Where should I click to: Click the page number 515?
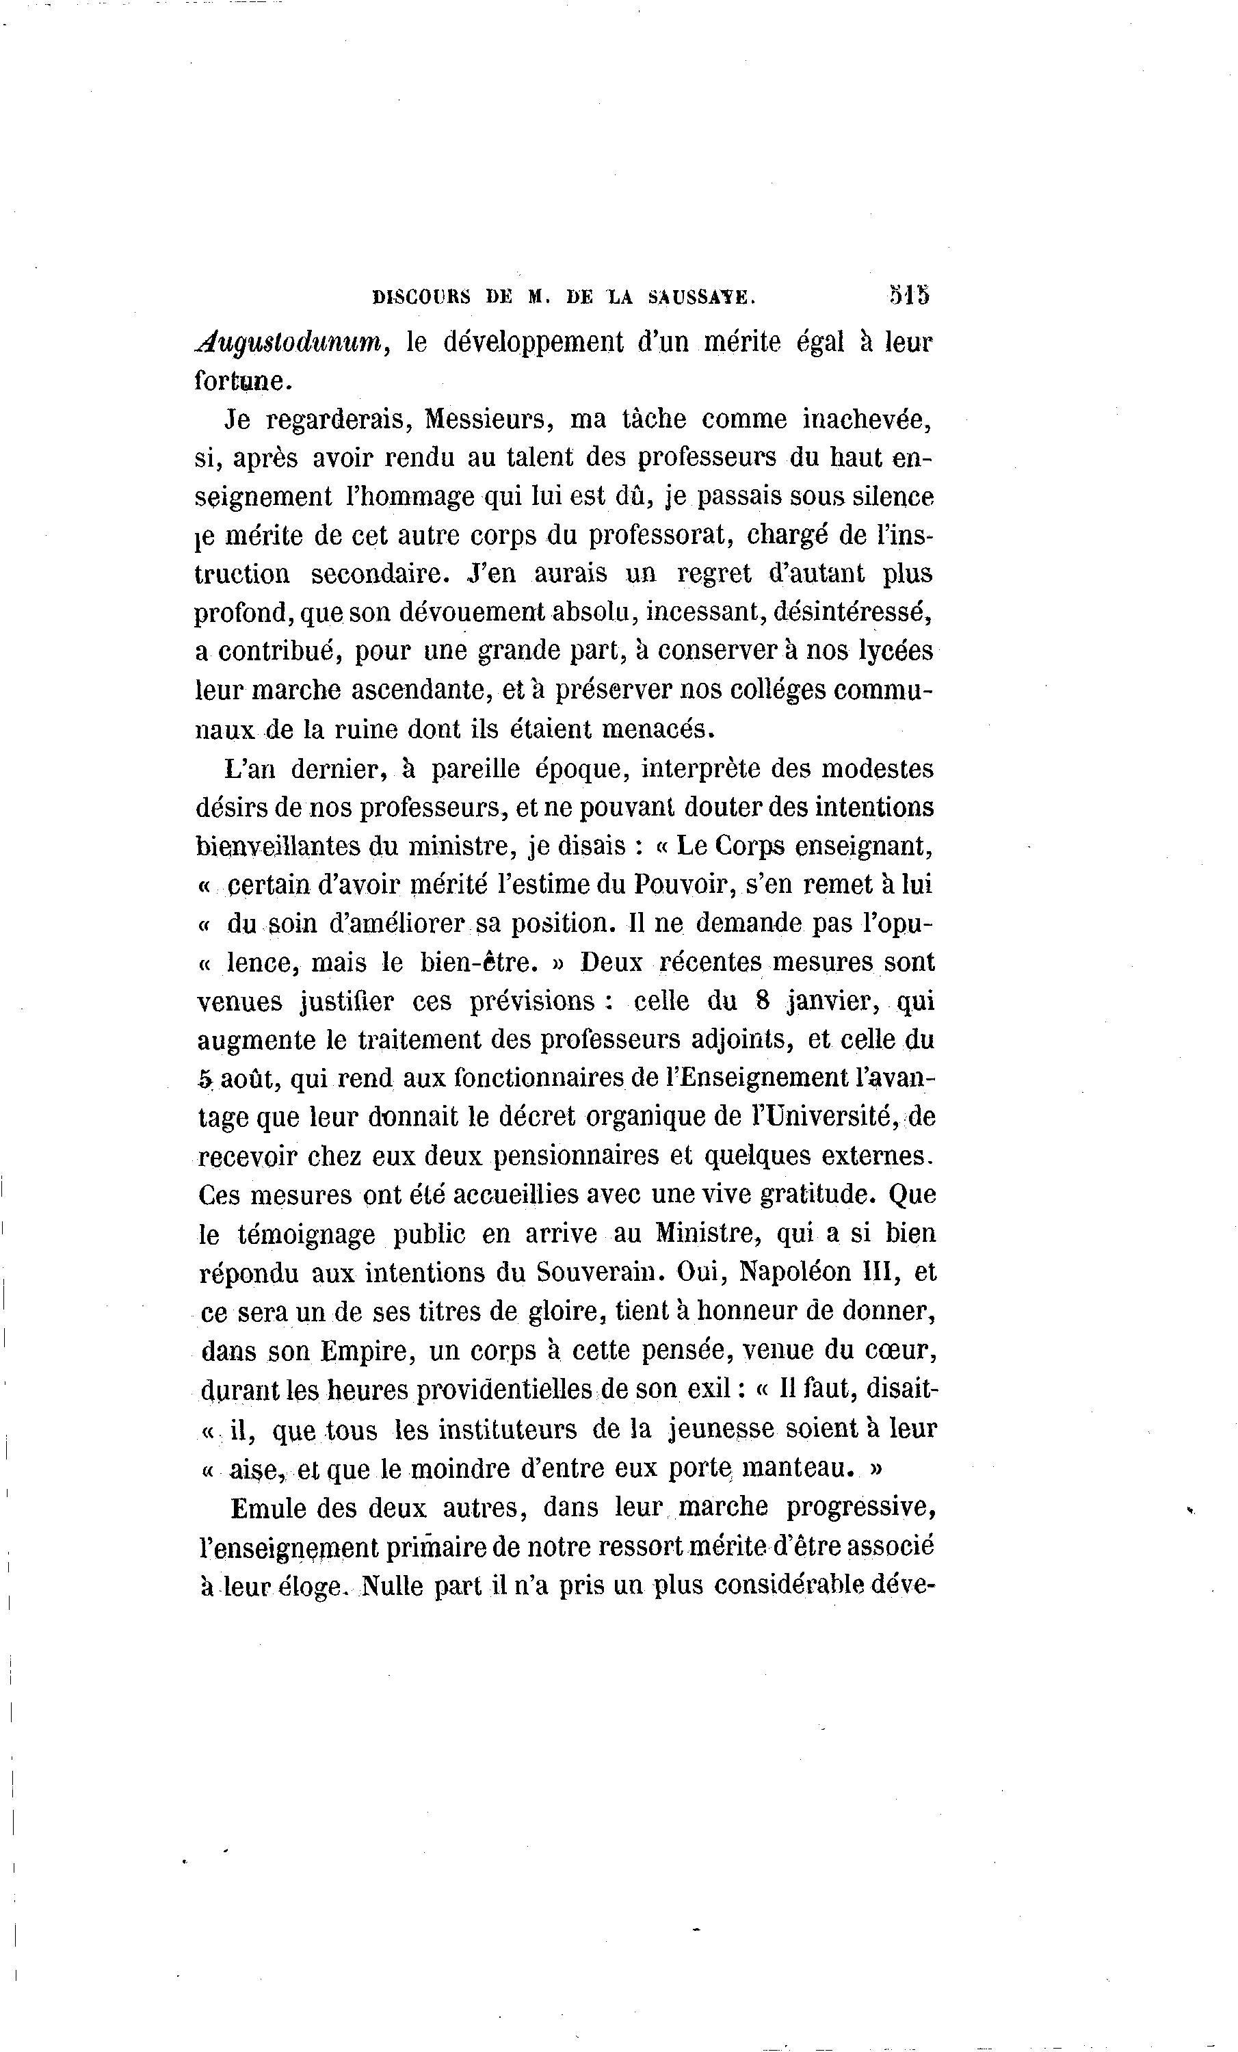pos(909,296)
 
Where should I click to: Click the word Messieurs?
pos(489,419)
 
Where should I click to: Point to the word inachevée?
pos(867,419)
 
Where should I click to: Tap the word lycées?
pos(896,651)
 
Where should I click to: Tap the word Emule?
pos(267,1508)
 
